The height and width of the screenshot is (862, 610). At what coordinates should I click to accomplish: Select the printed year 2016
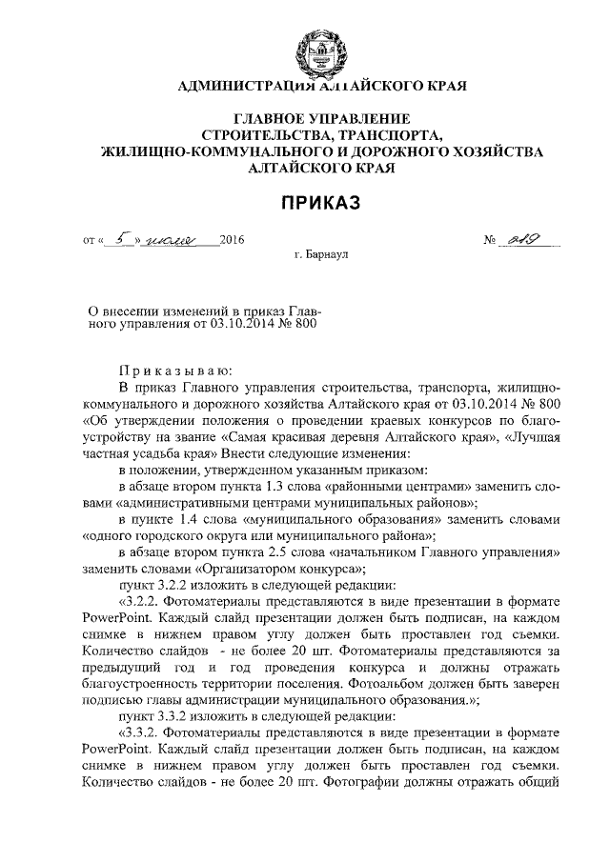click(x=232, y=241)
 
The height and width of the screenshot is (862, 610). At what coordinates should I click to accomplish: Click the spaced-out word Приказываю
click(x=169, y=371)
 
